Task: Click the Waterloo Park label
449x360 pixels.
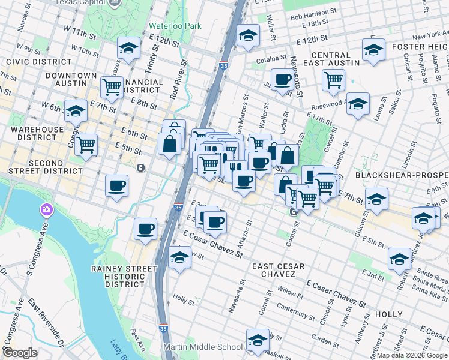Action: click(x=175, y=26)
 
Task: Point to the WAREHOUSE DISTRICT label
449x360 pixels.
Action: click(x=37, y=134)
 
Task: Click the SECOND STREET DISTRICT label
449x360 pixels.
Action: click(x=37, y=167)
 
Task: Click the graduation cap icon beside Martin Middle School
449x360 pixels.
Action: click(x=258, y=340)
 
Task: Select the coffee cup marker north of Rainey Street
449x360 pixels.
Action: click(x=146, y=229)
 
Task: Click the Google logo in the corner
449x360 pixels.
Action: click(x=20, y=353)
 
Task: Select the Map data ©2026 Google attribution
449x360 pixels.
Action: click(x=412, y=355)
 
